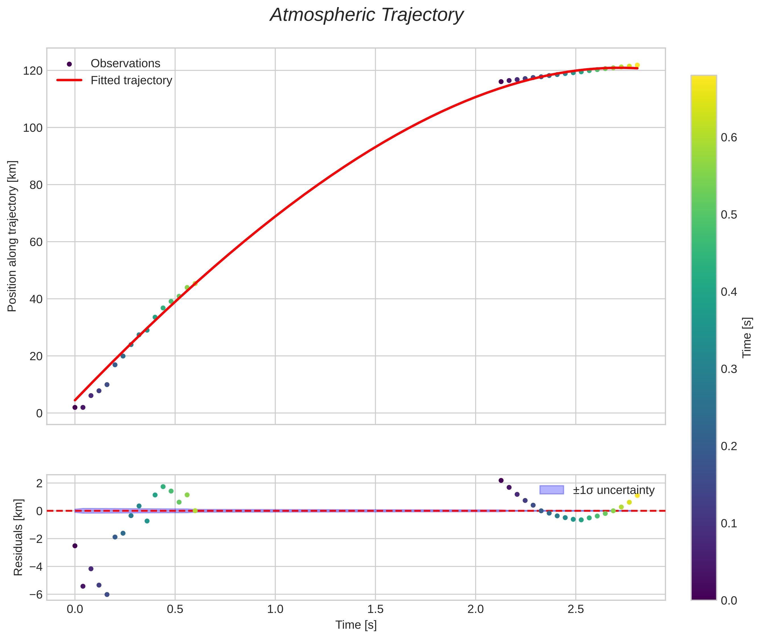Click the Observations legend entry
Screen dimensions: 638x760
(x=125, y=64)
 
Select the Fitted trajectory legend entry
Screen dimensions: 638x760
(x=131, y=80)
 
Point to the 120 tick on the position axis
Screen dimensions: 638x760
(x=33, y=71)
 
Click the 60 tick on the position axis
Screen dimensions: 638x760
(x=36, y=242)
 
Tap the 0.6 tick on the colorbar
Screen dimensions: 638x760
(x=728, y=138)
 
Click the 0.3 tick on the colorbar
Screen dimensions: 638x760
(x=728, y=369)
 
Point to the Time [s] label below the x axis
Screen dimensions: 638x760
(x=356, y=625)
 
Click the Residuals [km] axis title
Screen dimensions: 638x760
(x=18, y=537)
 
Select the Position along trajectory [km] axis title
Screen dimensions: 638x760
(x=12, y=236)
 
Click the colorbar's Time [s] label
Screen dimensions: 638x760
(x=747, y=337)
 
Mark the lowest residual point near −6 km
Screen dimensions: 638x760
(x=107, y=595)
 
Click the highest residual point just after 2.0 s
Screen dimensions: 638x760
(x=501, y=480)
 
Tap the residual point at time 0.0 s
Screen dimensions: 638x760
(x=75, y=546)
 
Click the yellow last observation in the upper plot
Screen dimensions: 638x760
(x=637, y=65)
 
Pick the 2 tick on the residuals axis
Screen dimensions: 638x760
(x=39, y=483)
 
